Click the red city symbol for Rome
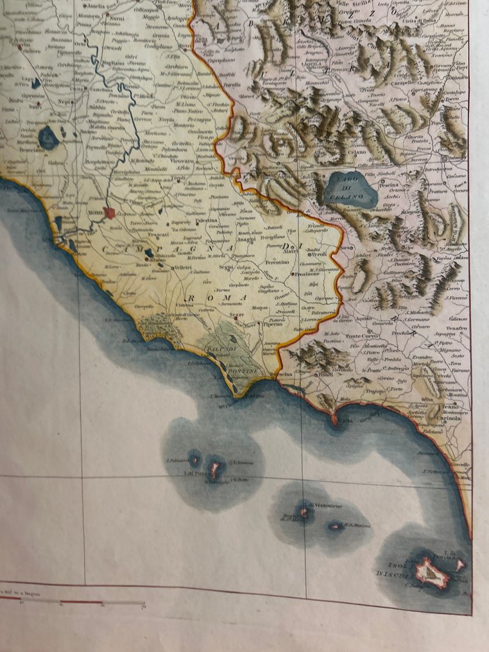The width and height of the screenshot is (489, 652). [x=111, y=212]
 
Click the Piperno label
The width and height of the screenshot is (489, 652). [x=273, y=325]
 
